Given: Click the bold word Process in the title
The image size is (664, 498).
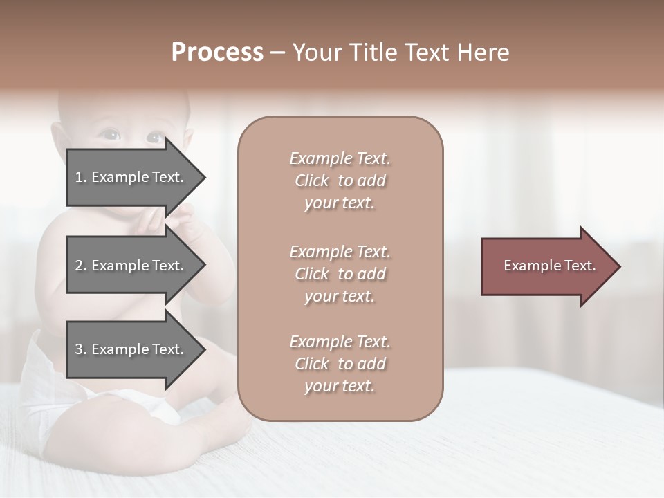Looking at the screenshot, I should pyautogui.click(x=217, y=53).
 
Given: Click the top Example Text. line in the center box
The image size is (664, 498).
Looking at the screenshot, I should pyautogui.click(x=340, y=158).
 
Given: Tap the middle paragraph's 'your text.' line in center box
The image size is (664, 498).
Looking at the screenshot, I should pyautogui.click(x=340, y=296).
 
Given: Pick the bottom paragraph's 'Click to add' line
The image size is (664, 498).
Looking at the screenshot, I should pyautogui.click(x=340, y=364).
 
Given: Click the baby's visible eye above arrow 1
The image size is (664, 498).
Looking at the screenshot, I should pyautogui.click(x=111, y=136).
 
